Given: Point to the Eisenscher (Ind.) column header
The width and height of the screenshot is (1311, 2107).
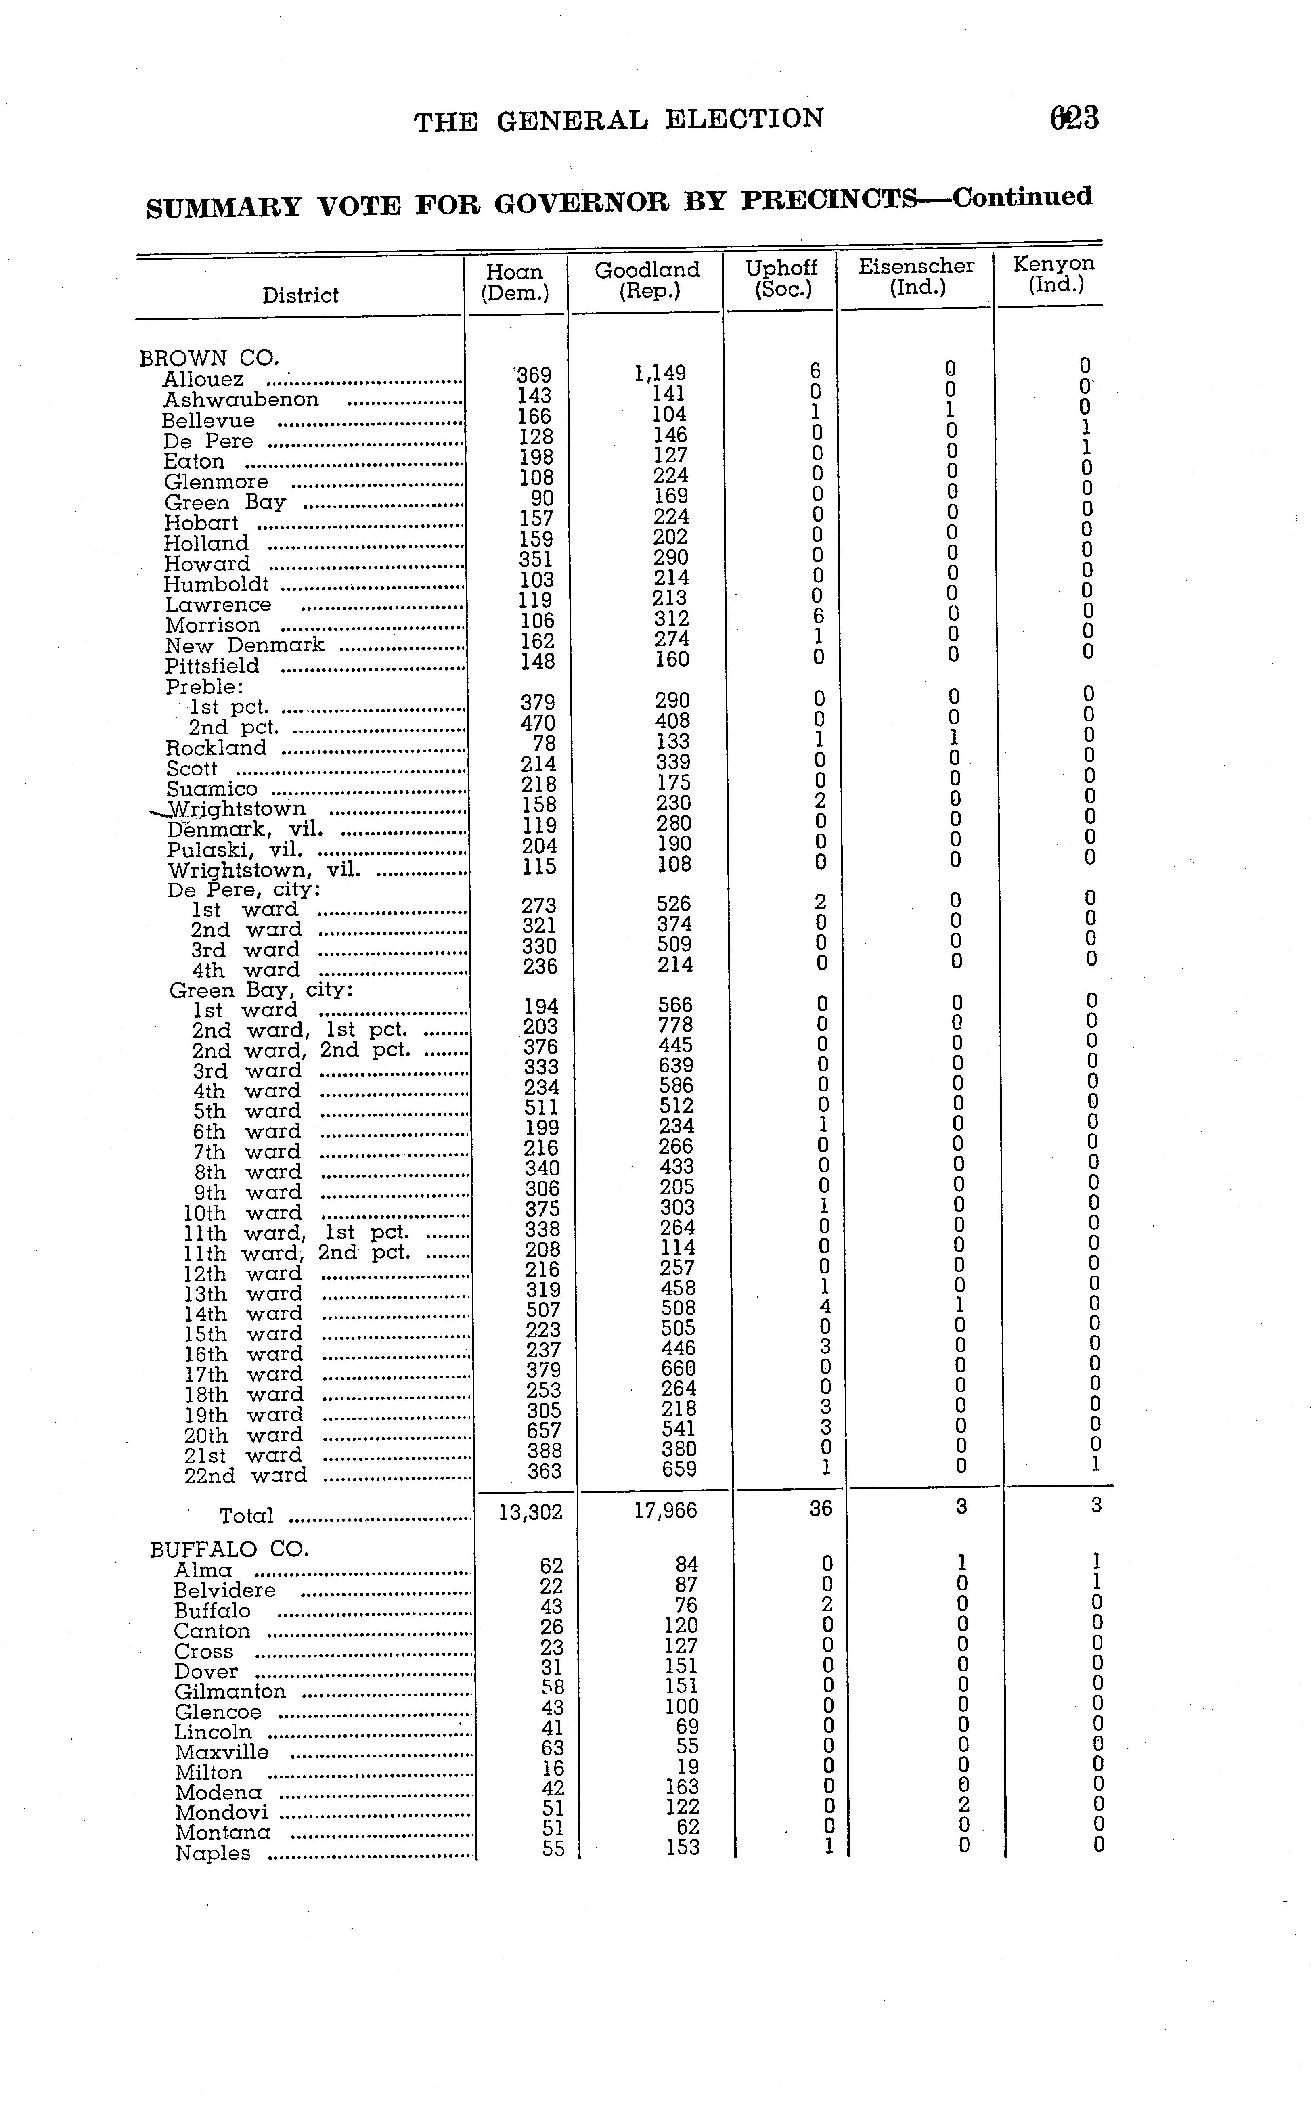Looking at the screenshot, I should [917, 276].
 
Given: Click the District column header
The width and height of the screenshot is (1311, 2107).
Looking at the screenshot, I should [300, 296].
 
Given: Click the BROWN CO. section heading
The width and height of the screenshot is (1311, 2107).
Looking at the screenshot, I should [209, 358].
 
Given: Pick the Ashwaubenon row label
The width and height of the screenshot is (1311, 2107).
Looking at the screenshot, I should [241, 400].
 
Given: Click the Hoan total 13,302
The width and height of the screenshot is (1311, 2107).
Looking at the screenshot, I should [531, 1512].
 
